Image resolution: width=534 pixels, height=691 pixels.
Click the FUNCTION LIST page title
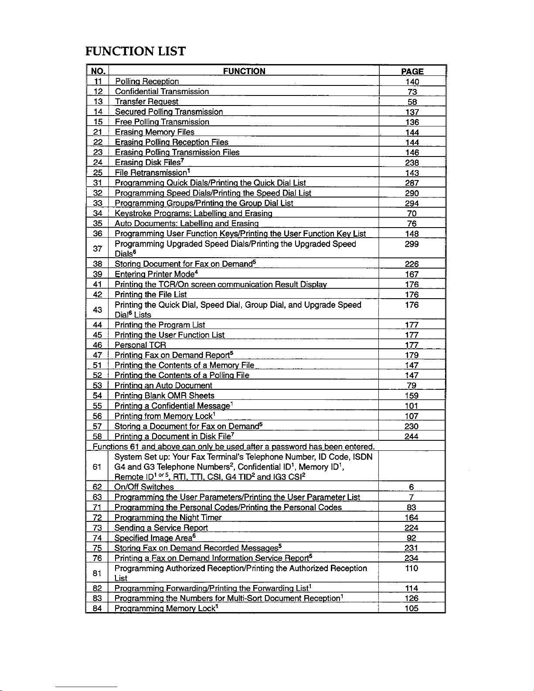click(135, 51)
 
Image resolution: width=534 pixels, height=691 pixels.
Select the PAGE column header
click(412, 71)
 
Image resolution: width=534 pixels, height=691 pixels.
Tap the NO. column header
click(97, 71)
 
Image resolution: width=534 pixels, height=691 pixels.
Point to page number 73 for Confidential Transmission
click(412, 92)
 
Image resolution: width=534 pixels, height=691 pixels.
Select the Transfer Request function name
click(146, 102)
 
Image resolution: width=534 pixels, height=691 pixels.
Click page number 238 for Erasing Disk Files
click(412, 163)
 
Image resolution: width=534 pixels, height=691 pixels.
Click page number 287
click(412, 183)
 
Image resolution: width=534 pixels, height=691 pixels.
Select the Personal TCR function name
click(140, 345)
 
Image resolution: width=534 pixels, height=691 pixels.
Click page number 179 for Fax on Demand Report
click(412, 355)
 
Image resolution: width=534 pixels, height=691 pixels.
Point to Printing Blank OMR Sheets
click(164, 395)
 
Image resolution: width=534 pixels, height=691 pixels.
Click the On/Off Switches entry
click(144, 487)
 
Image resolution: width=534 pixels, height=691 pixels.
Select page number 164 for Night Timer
click(412, 517)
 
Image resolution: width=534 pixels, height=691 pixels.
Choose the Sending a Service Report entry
click(161, 528)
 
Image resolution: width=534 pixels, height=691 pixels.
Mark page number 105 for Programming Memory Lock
click(412, 608)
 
